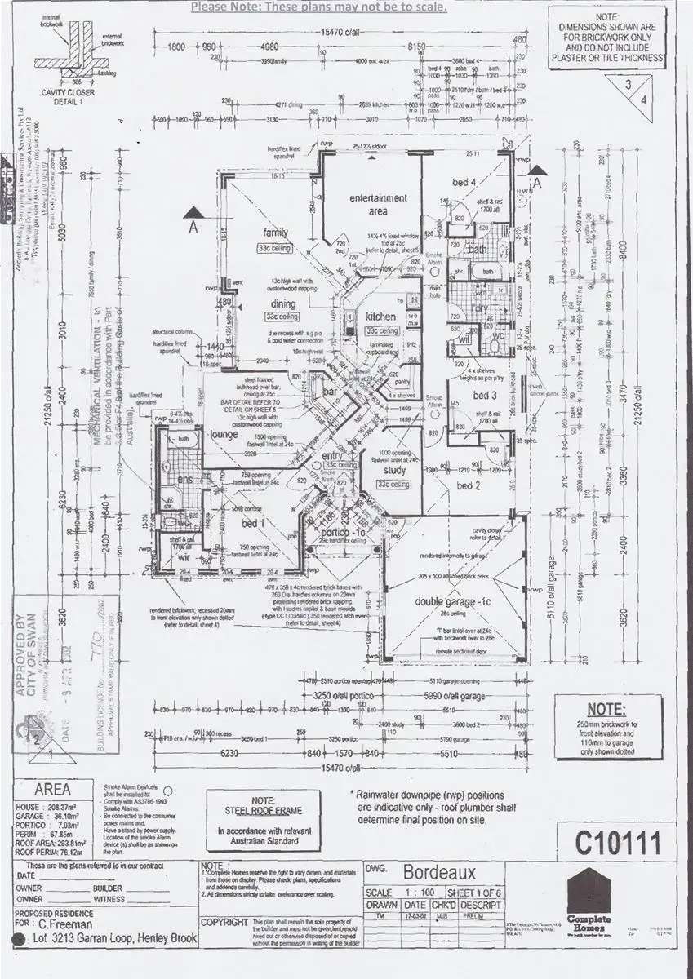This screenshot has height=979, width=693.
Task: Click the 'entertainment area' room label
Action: point(378,204)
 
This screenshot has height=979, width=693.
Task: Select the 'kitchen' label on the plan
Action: point(380,317)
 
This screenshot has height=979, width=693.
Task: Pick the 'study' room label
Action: point(393,470)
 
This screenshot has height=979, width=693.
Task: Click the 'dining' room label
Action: point(283,304)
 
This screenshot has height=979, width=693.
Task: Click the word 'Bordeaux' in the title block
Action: point(431,870)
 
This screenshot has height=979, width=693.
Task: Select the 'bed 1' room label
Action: point(252,522)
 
